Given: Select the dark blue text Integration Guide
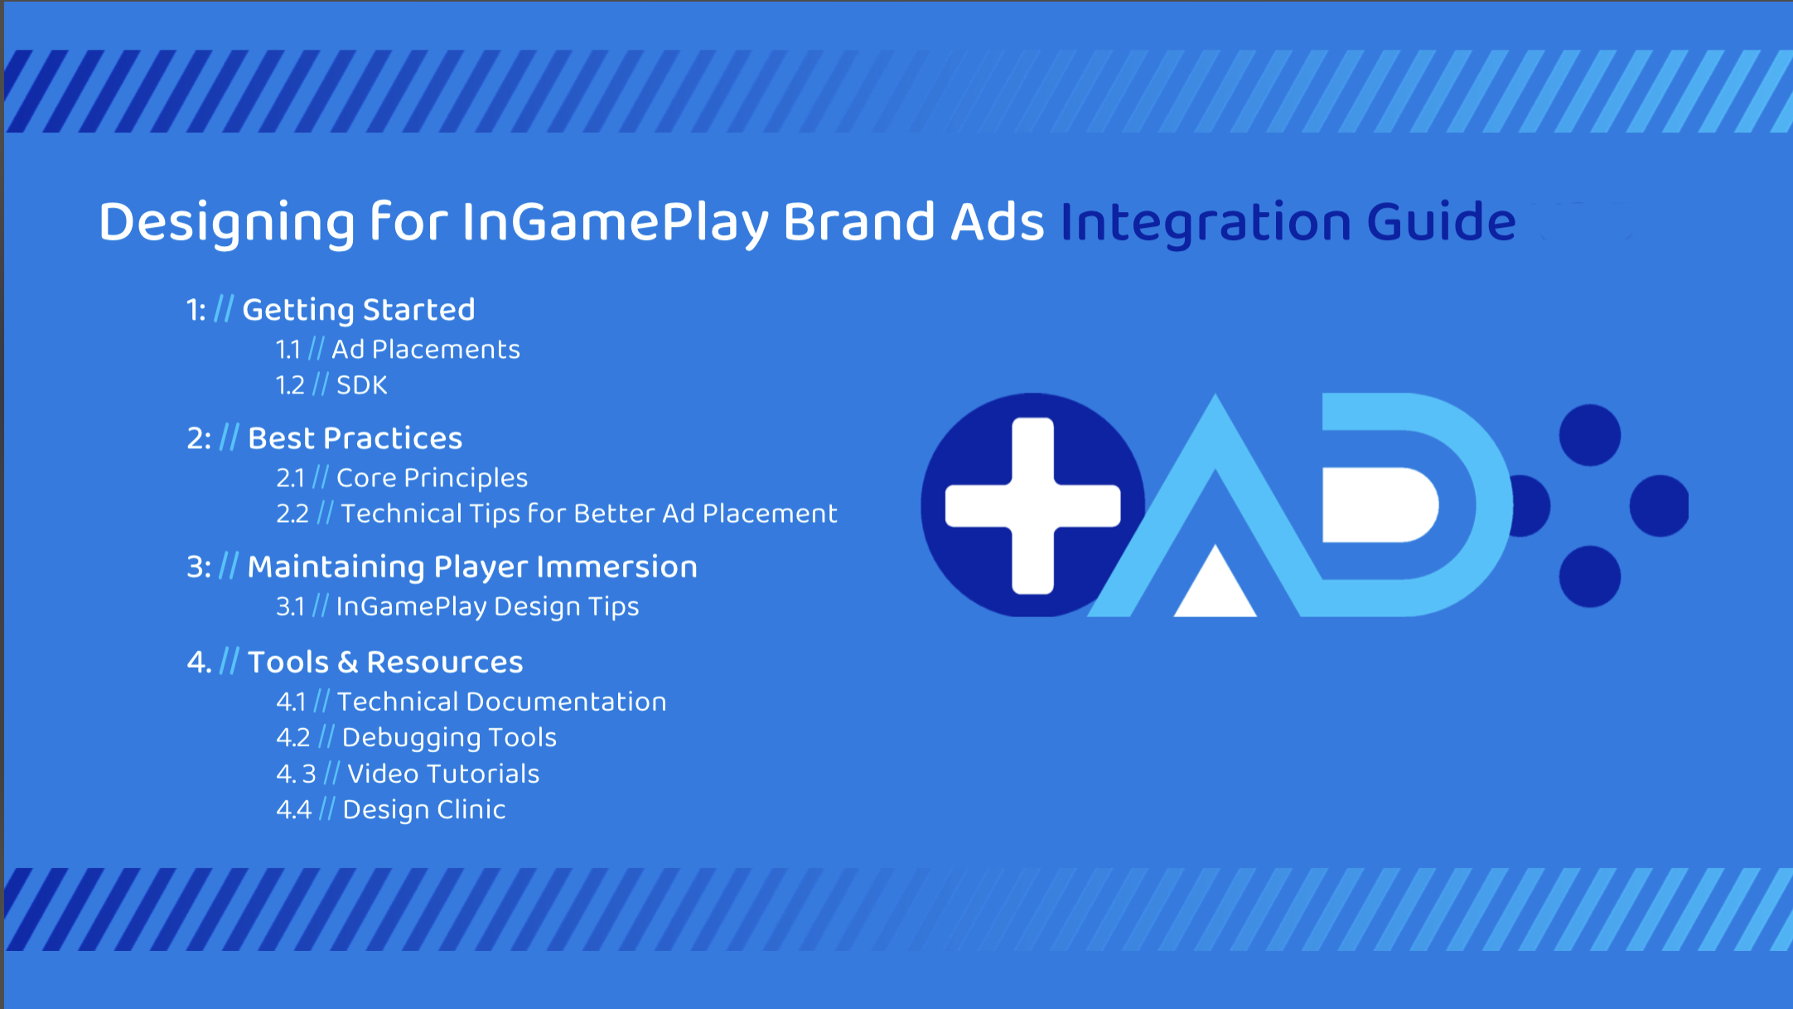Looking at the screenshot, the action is [1288, 222].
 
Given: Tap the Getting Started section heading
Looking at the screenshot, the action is [359, 310].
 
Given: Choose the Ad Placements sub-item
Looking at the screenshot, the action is [426, 350].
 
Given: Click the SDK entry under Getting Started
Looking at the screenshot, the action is [362, 385].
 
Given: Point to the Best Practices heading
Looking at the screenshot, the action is [355, 438].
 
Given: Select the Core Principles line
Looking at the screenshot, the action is [433, 478].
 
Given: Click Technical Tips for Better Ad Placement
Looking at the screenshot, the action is [589, 514].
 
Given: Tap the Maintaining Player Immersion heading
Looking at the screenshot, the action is [472, 567].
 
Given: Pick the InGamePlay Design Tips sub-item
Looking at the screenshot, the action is [488, 607].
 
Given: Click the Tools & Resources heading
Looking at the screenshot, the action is [385, 663].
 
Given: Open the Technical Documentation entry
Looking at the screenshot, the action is [502, 702].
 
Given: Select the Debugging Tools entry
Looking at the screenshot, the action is [449, 738].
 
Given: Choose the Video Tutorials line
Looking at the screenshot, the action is [443, 775].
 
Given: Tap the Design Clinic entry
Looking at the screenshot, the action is [424, 810].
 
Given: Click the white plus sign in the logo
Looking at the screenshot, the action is [1033, 505].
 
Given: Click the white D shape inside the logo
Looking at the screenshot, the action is [1380, 504].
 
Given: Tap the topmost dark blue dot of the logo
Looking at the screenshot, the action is [1590, 435].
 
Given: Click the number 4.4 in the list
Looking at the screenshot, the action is [294, 810].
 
